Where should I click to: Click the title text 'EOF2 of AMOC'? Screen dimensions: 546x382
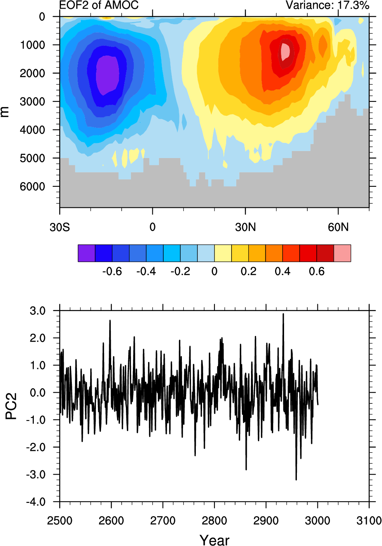(x=99, y=5)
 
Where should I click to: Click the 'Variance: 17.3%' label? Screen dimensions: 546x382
(x=327, y=5)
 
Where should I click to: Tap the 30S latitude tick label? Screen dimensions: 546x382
(x=59, y=227)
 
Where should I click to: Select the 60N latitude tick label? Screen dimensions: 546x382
(x=338, y=227)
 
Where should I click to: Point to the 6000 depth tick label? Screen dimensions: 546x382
(x=32, y=187)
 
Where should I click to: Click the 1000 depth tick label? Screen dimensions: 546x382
(x=32, y=45)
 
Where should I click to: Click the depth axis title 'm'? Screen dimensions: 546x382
(x=5, y=112)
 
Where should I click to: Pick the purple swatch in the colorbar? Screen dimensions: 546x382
(x=86, y=253)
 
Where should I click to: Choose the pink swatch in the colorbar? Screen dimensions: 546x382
(x=342, y=253)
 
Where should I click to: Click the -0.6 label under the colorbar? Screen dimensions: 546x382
(x=112, y=271)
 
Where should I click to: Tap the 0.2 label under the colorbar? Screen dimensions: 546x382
(x=248, y=271)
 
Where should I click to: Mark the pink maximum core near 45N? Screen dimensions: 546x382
(x=286, y=50)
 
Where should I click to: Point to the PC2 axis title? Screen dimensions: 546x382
(x=11, y=406)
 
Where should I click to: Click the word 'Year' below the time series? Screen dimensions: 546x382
(x=215, y=540)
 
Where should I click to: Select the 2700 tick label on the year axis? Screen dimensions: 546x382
(x=163, y=521)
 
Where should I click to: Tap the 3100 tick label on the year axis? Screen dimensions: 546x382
(x=369, y=521)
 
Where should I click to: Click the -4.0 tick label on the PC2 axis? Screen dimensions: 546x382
(x=36, y=502)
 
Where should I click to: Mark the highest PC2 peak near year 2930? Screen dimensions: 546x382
(x=283, y=314)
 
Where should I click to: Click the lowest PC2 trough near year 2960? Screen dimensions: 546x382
(x=296, y=479)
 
